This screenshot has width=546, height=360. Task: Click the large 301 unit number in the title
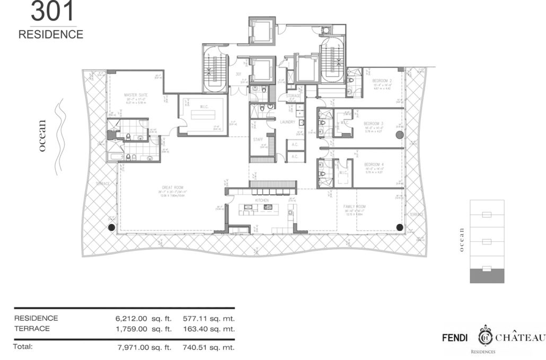tap(52, 11)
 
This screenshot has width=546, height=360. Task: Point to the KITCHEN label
tap(262, 201)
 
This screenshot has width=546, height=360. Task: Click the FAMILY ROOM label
tap(355, 207)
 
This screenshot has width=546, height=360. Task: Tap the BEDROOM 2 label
tap(382, 81)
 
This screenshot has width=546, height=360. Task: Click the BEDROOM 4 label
tap(374, 164)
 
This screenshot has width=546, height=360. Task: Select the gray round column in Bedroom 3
tap(399, 135)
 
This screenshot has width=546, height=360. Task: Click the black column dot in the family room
tap(399, 227)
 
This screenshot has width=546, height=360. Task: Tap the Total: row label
tap(23, 347)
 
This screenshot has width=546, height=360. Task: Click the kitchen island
tap(254, 209)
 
